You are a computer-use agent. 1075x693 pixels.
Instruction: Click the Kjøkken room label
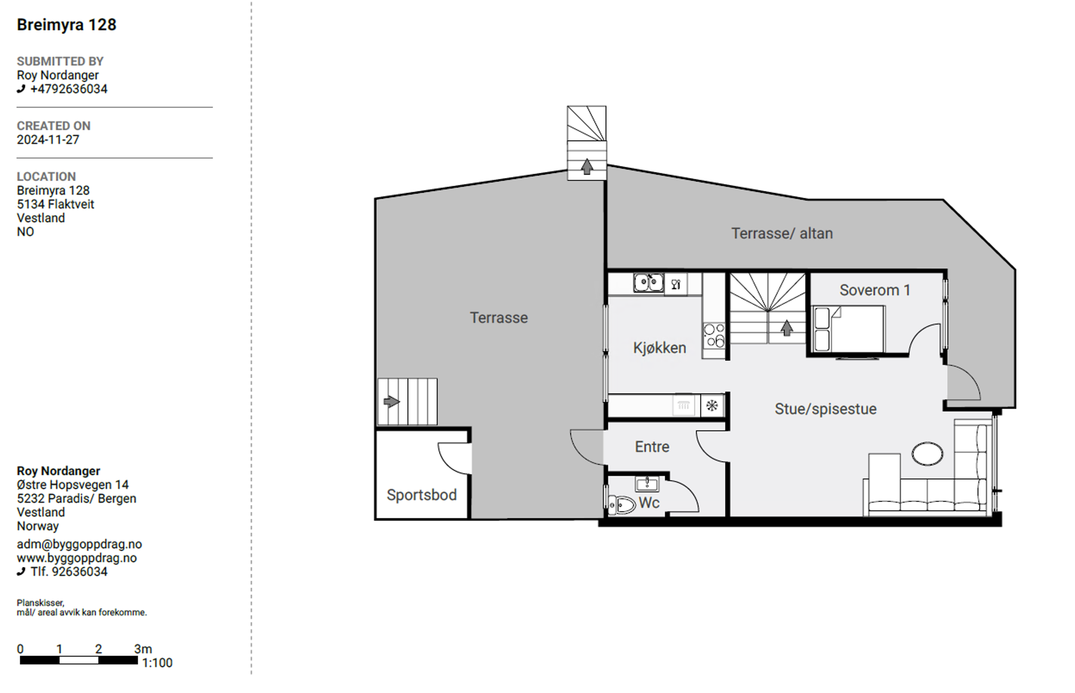click(x=659, y=348)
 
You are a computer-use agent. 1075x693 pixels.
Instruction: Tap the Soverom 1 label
click(x=875, y=290)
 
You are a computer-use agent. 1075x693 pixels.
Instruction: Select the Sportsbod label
click(x=422, y=495)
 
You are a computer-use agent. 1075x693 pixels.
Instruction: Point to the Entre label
click(x=652, y=447)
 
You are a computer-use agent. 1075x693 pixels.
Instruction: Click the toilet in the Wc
click(x=621, y=505)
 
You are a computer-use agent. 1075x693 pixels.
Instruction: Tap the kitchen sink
click(x=648, y=283)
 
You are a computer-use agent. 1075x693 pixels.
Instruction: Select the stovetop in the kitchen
click(x=714, y=336)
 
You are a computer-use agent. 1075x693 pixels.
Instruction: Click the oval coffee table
click(x=927, y=454)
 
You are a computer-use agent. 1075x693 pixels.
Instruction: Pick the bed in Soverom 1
click(x=848, y=329)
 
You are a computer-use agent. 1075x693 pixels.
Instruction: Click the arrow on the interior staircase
click(x=786, y=328)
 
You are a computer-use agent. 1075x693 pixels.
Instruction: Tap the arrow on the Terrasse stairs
click(x=391, y=401)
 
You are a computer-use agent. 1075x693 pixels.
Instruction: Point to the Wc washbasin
click(x=647, y=484)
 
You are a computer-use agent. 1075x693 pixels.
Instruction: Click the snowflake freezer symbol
click(x=712, y=405)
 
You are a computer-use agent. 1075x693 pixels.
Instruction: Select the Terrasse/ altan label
click(x=782, y=234)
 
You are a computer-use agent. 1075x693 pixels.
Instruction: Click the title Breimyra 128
click(x=67, y=25)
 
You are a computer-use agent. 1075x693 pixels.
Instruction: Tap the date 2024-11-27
click(x=48, y=139)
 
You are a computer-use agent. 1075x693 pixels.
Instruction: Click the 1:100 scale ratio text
click(x=158, y=663)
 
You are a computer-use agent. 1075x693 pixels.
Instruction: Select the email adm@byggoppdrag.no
click(x=79, y=544)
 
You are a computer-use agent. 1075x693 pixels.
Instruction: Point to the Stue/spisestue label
click(x=826, y=409)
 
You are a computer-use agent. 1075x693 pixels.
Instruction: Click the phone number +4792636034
click(x=69, y=89)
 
